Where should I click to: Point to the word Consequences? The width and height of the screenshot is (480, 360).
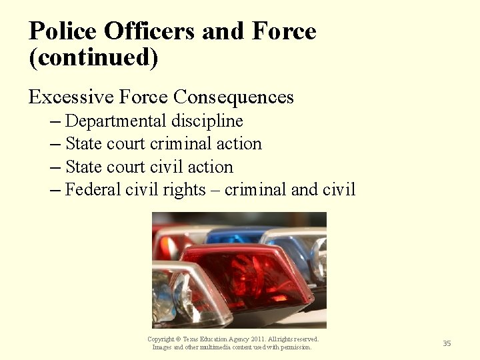[233, 97]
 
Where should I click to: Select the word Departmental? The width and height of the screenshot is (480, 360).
[116, 121]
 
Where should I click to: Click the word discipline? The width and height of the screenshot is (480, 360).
[207, 121]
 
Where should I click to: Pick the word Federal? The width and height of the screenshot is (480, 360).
[93, 190]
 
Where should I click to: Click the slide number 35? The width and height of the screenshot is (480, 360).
[447, 343]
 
